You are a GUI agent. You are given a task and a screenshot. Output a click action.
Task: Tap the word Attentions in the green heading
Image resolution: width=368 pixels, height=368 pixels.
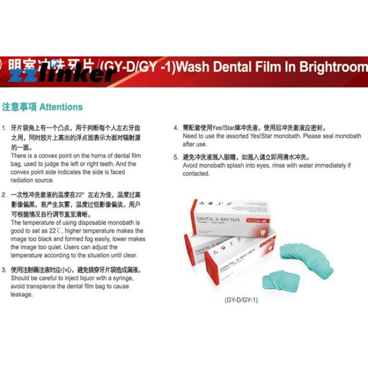[61, 107]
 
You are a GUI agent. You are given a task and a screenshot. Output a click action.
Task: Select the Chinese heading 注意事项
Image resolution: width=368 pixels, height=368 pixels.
[19, 107]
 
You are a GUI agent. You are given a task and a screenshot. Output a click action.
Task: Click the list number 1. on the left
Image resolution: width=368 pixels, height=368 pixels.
[4, 130]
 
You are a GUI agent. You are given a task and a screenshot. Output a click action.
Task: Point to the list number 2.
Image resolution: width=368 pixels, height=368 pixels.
[4, 194]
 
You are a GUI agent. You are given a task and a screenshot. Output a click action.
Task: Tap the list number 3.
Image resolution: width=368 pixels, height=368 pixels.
[4, 269]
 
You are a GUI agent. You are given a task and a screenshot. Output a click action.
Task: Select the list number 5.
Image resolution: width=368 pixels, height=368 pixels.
[175, 157]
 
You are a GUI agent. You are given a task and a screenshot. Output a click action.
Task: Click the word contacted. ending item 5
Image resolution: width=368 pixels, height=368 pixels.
[197, 174]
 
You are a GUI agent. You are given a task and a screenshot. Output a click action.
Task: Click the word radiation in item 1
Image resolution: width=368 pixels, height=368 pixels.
[25, 180]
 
